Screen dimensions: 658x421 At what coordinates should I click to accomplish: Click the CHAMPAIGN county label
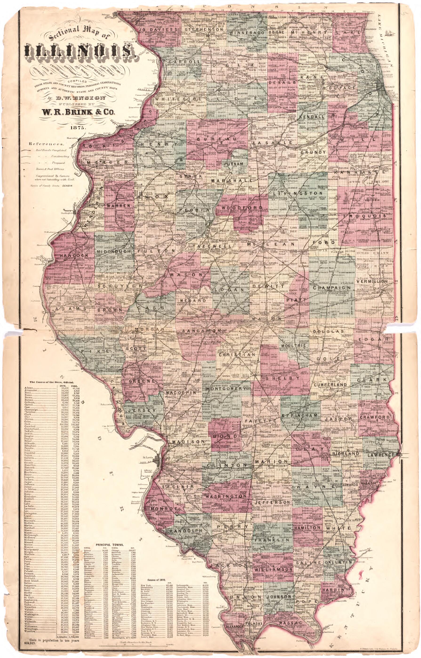tap(332, 288)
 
